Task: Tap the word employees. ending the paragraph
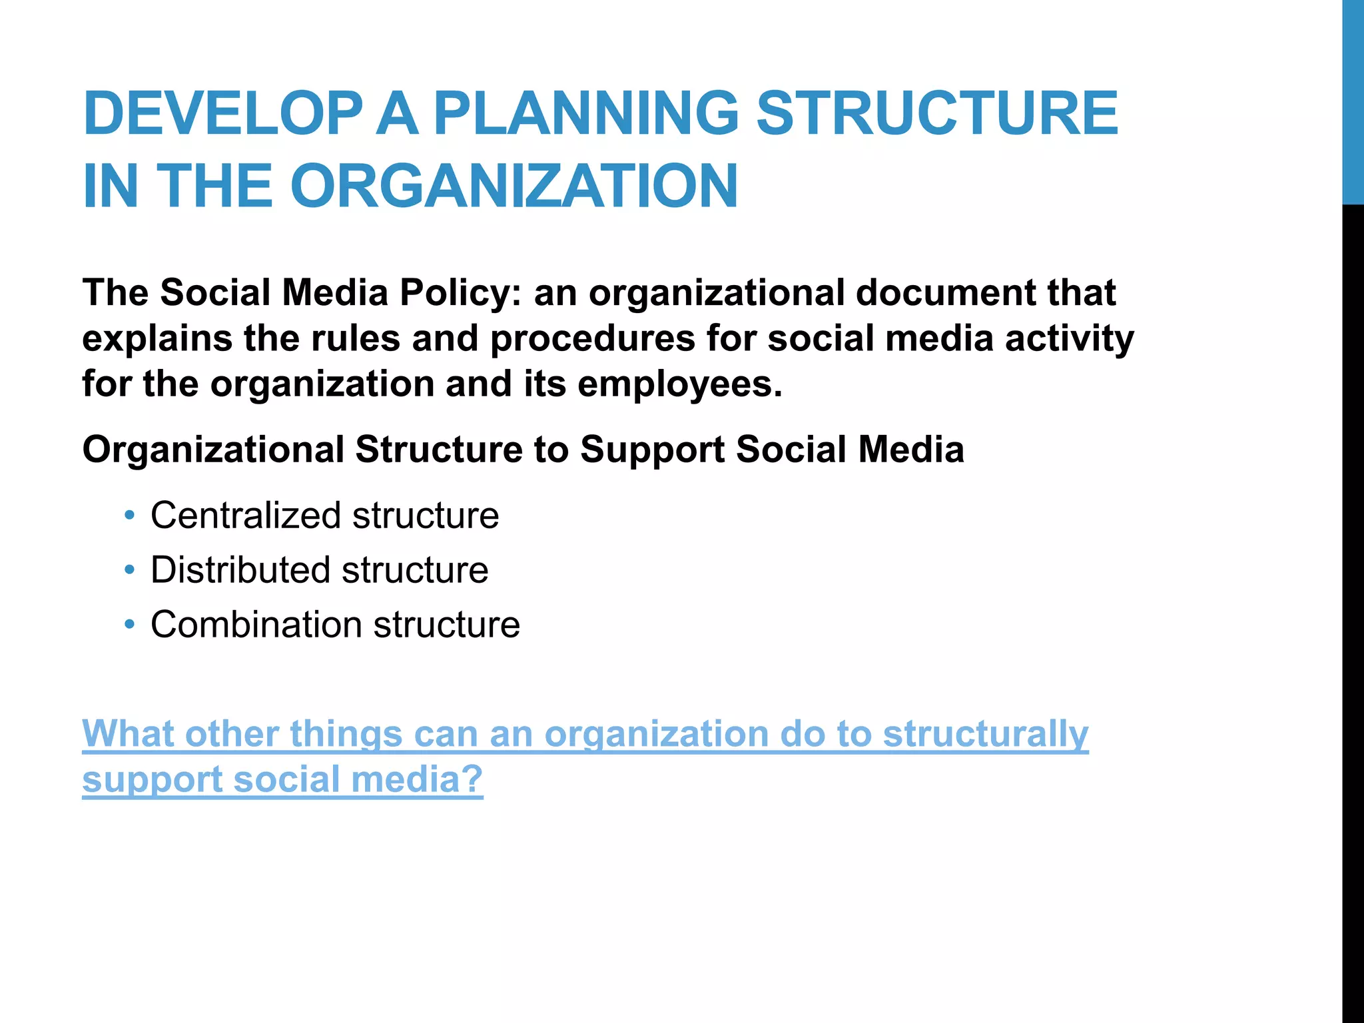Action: point(679,384)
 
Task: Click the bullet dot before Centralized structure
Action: point(130,515)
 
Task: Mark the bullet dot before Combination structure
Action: point(130,625)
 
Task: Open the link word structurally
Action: point(985,734)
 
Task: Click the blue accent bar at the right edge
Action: point(1353,100)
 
